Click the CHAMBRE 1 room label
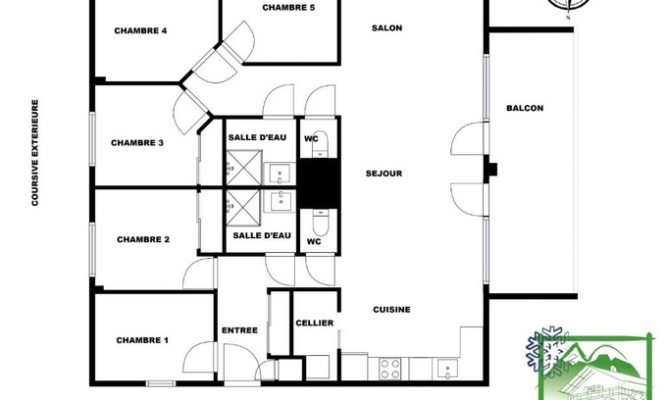tap(142, 340)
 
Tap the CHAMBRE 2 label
tap(143, 239)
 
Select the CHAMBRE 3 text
tap(136, 143)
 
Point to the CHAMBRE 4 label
tap(140, 30)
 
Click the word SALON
tap(387, 28)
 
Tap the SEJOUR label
tap(384, 174)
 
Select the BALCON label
tap(525, 108)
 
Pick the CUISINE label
tap(391, 310)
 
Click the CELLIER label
tap(314, 323)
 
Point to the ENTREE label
tap(239, 330)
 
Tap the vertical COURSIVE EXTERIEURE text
tap(34, 152)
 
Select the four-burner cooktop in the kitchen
tap(389, 368)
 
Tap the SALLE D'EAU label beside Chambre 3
tap(257, 137)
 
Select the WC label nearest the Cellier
tap(315, 241)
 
